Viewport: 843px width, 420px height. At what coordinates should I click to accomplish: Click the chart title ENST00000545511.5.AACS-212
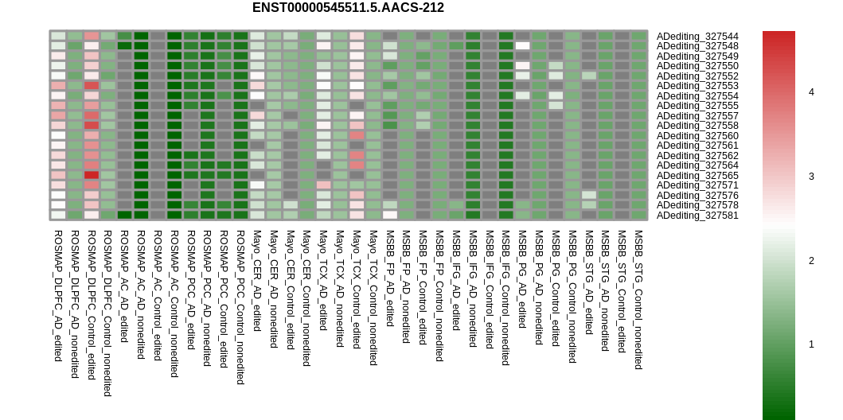[348, 8]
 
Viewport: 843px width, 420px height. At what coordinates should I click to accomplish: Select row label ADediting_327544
[697, 37]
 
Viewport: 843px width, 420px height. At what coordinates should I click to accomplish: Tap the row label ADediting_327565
[697, 176]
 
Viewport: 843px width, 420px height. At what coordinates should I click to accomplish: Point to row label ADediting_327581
[697, 216]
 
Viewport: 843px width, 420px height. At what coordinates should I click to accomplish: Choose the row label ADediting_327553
[697, 86]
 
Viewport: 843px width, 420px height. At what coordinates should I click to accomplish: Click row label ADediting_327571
[697, 185]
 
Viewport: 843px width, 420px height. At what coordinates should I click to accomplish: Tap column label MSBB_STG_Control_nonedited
[638, 300]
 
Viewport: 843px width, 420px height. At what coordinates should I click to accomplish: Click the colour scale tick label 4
[811, 92]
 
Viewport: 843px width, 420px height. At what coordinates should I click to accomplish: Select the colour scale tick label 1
[811, 344]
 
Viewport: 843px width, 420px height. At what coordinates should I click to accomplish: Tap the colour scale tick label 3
[811, 176]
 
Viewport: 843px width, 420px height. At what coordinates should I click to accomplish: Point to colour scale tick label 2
[811, 260]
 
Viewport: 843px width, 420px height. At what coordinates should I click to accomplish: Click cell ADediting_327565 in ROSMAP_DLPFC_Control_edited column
[92, 175]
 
